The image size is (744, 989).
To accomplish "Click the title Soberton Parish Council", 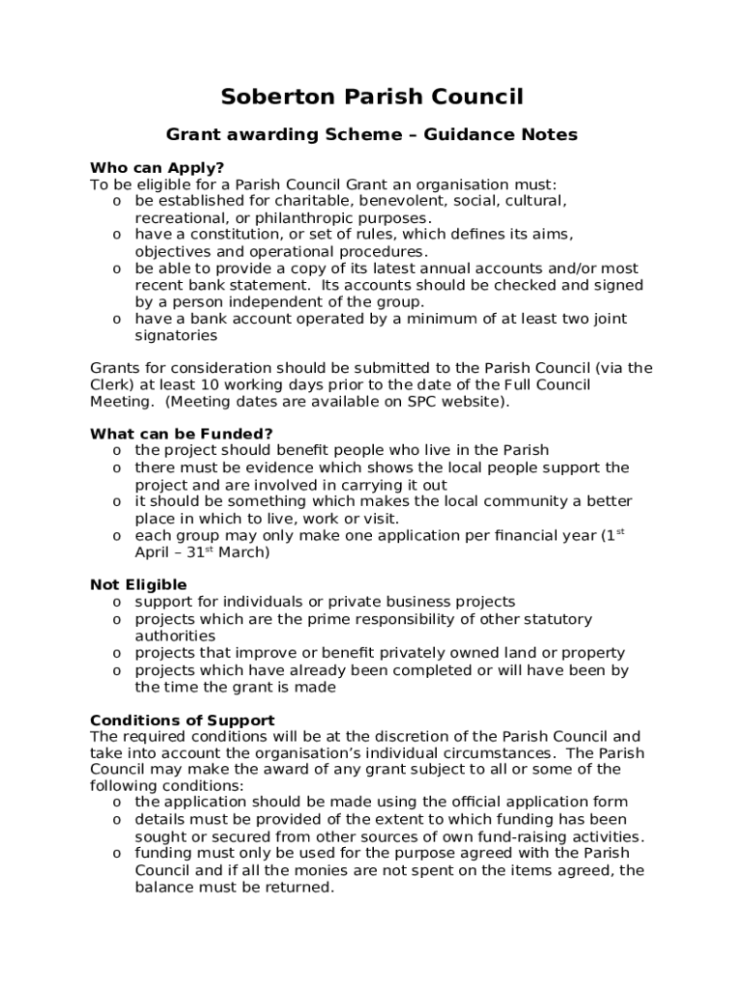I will pyautogui.click(x=372, y=97).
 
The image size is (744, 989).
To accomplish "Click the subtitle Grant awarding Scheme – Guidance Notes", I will pyautogui.click(x=372, y=135).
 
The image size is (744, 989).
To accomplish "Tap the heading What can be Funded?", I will pyautogui.click(x=182, y=434).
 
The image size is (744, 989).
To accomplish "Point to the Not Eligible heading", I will pyautogui.click(x=138, y=584).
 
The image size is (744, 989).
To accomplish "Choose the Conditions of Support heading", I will pyautogui.click(x=182, y=721).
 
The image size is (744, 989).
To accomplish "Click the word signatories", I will pyautogui.click(x=176, y=336).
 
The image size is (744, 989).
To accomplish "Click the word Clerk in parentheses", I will pyautogui.click(x=112, y=384).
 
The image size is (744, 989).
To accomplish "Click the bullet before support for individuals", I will pyautogui.click(x=116, y=603).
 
